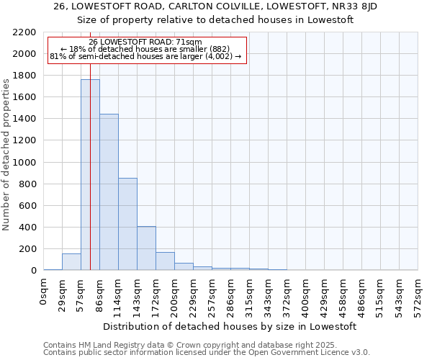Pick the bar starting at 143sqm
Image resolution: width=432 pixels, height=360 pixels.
tap(146, 248)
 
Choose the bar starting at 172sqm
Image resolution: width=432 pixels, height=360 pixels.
tap(165, 261)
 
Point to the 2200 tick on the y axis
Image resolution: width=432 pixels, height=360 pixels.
tap(24, 32)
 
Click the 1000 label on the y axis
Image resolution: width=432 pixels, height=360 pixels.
tap(24, 163)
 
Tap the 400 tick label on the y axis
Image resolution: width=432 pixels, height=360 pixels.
tap(27, 228)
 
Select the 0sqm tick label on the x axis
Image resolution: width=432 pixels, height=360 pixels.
tap(45, 293)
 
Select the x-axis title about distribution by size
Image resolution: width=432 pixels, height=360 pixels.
tap(230, 327)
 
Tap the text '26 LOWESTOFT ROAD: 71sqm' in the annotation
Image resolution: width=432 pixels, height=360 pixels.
tap(146, 42)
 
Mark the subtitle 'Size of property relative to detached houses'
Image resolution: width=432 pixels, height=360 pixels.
tap(215, 19)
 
